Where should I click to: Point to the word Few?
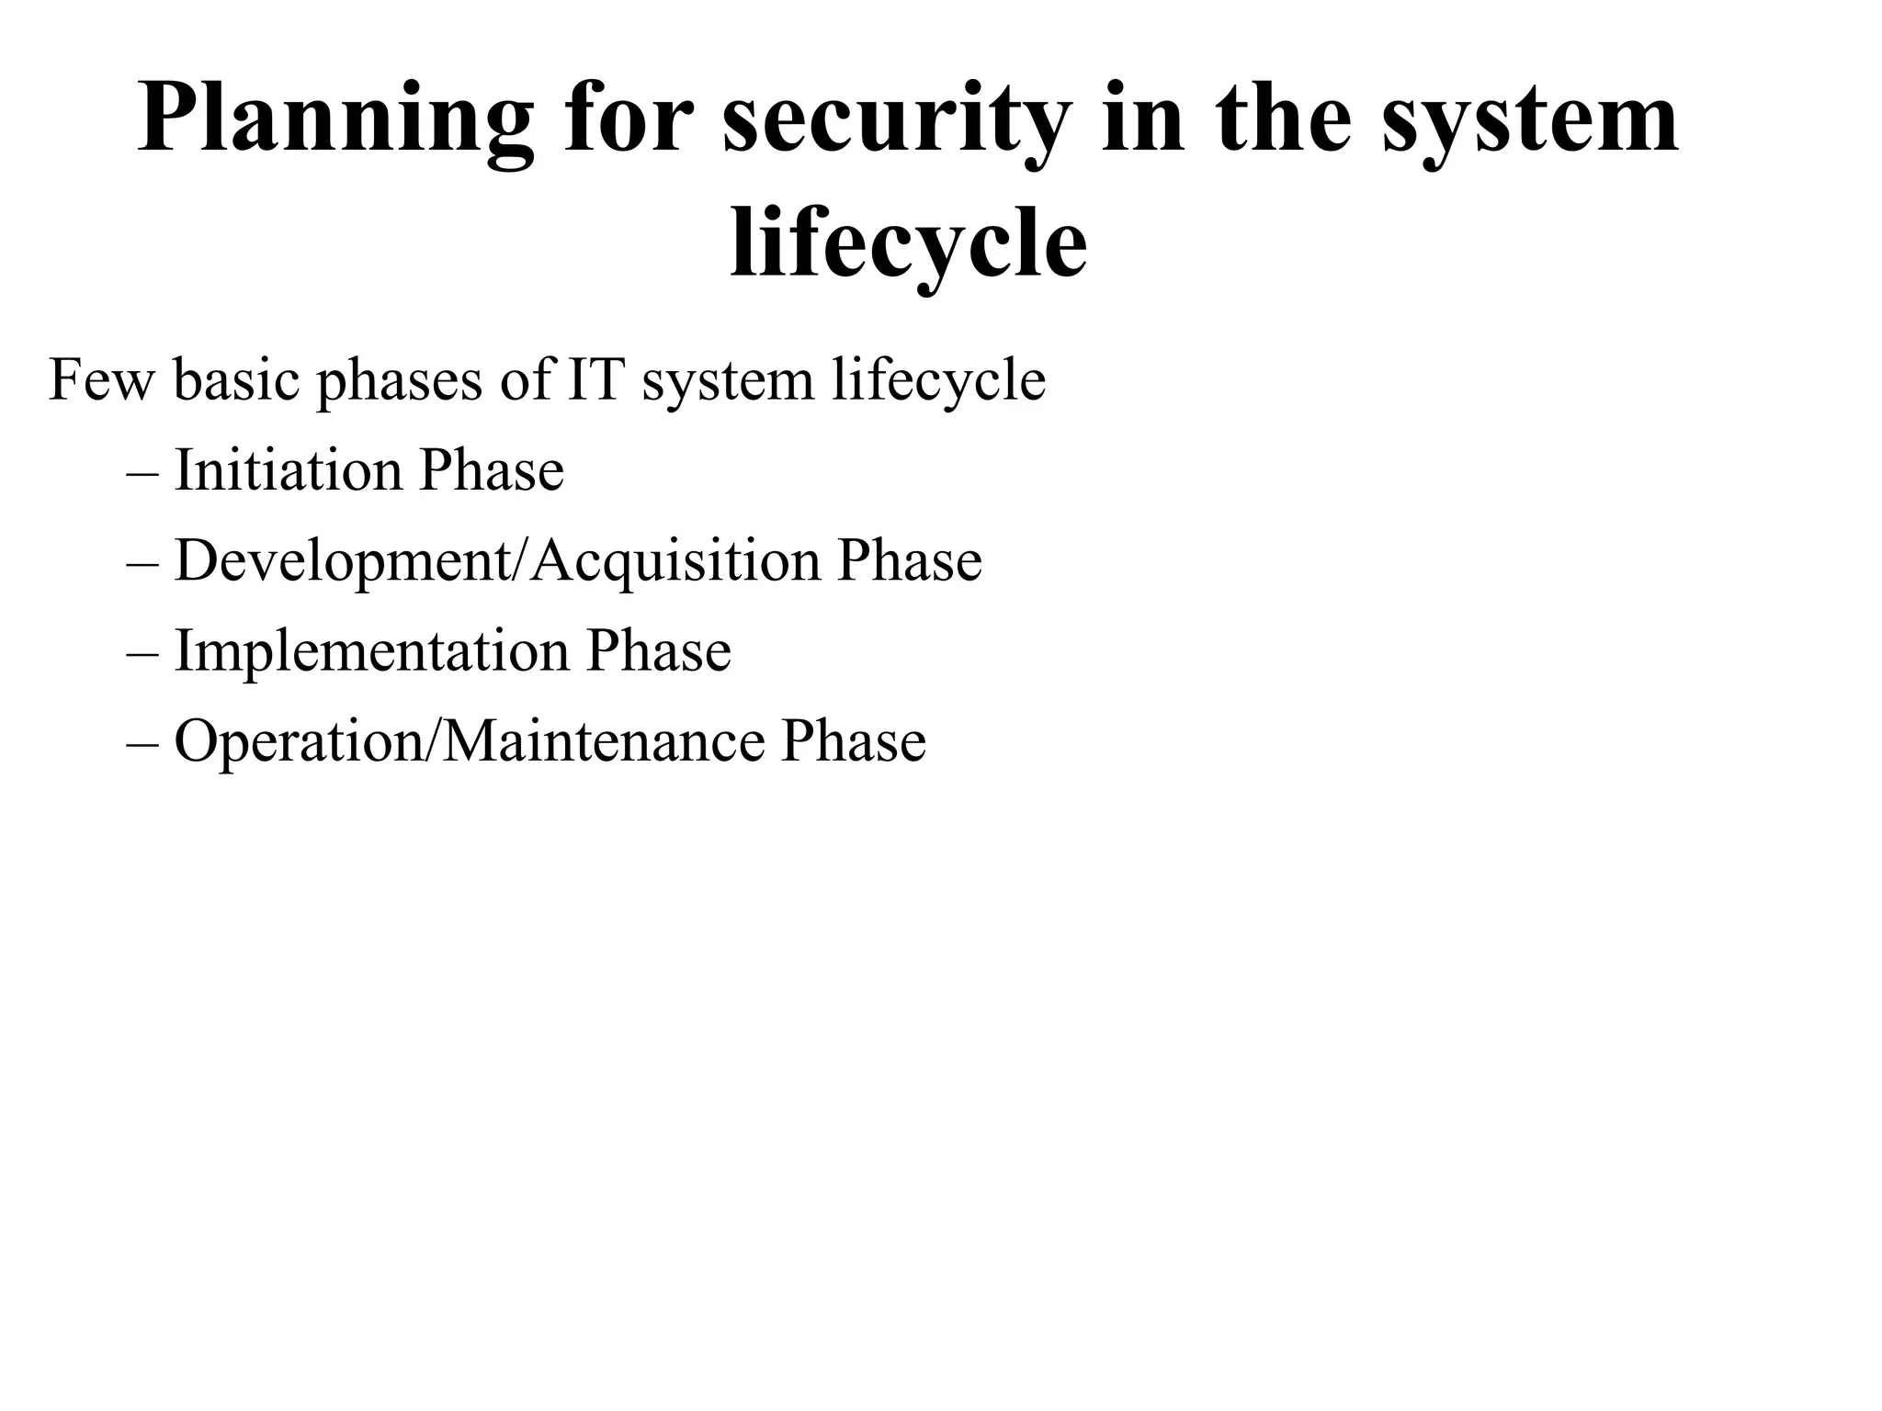click(x=101, y=380)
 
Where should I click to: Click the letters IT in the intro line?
click(x=595, y=380)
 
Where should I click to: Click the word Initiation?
click(x=288, y=470)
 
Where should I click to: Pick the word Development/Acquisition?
click(x=497, y=561)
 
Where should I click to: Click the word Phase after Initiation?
click(x=492, y=470)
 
